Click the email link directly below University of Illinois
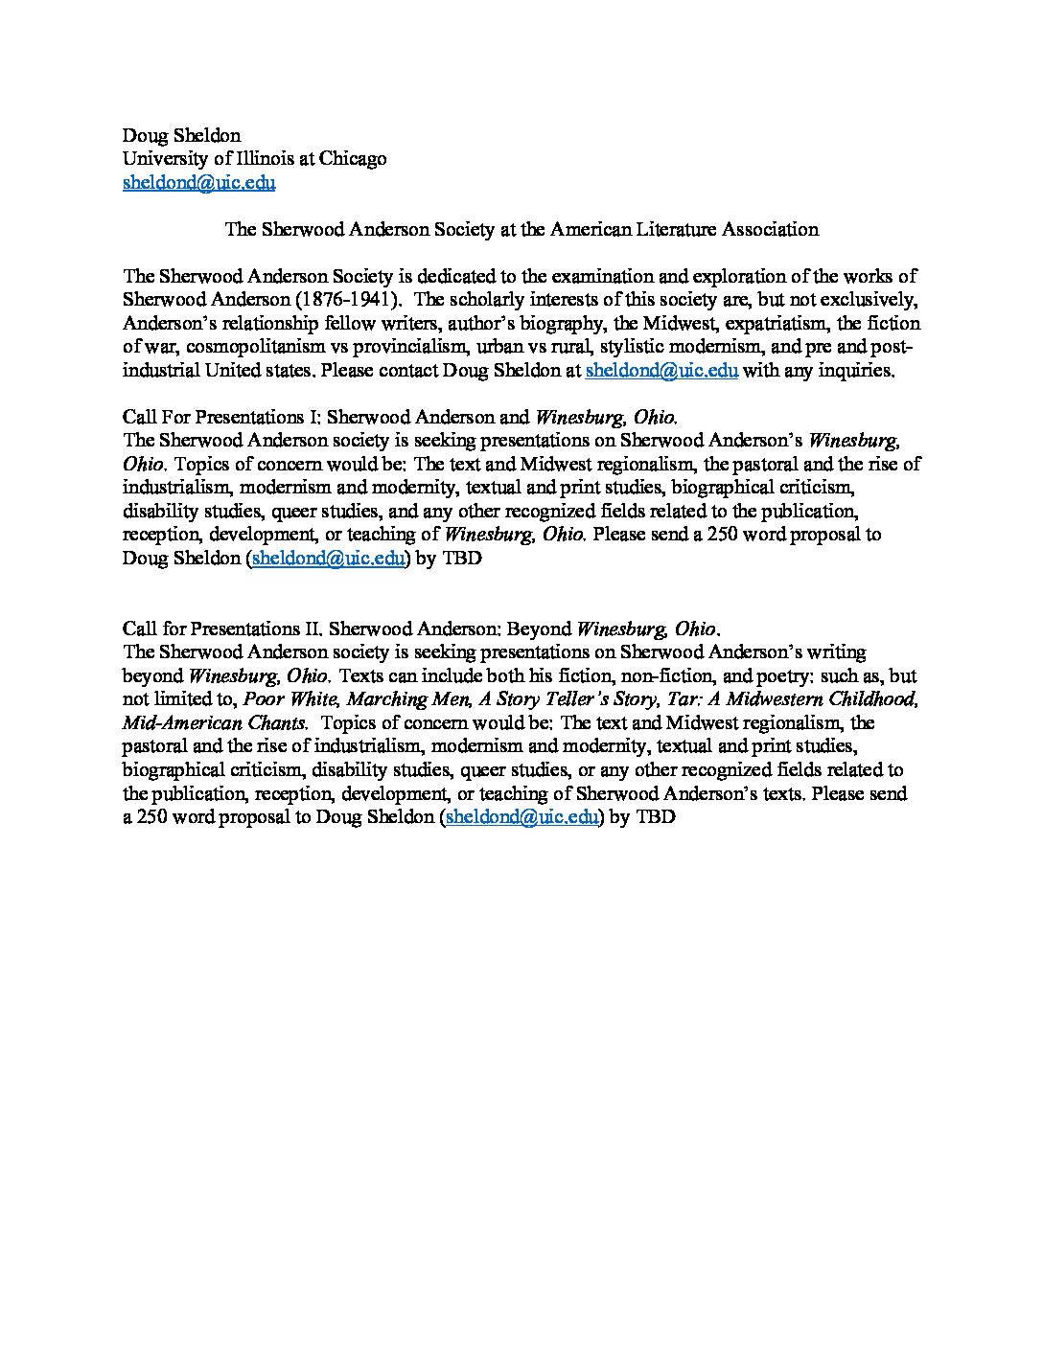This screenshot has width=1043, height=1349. tap(198, 182)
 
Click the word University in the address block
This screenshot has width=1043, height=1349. tap(165, 159)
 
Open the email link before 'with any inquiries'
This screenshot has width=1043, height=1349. tap(661, 371)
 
